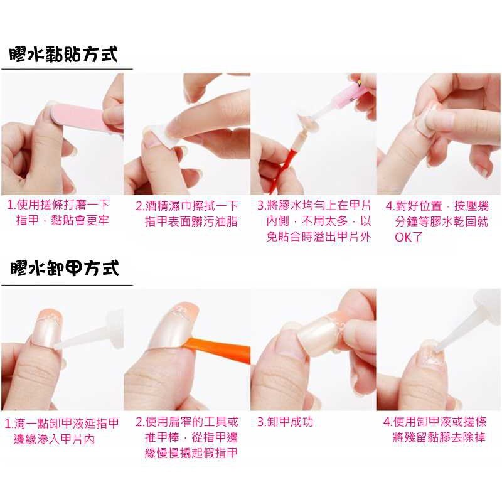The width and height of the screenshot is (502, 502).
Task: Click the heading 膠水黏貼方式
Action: click(63, 54)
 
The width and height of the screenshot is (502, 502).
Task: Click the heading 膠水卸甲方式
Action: click(65, 269)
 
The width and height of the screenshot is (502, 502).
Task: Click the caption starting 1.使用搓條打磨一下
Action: click(58, 212)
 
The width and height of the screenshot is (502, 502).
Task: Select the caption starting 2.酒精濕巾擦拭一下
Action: click(186, 213)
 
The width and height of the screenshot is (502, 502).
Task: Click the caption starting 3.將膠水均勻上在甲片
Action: click(314, 221)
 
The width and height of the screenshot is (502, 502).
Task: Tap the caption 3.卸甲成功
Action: click(286, 422)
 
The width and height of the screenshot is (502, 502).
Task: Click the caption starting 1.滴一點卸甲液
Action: click(61, 431)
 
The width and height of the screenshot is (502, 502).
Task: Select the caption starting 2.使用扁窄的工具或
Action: click(186, 437)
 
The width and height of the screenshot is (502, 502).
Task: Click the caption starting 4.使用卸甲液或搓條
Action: click(435, 430)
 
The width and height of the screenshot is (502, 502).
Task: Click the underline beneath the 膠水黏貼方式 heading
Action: click(67, 69)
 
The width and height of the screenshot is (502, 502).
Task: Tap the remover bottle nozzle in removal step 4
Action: click(454, 333)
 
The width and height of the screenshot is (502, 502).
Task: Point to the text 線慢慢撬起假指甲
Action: click(191, 453)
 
